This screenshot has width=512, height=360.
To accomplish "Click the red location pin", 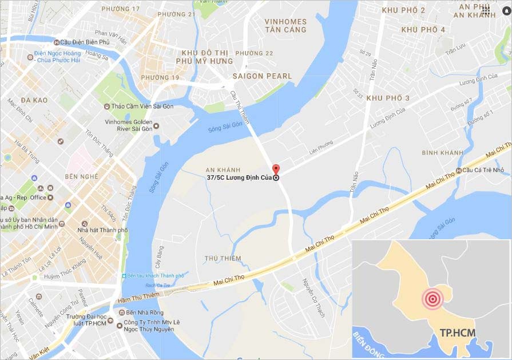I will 276,169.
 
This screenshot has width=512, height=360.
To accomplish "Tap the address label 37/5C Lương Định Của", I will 240,178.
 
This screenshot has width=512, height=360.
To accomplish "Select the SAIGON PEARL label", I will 262,76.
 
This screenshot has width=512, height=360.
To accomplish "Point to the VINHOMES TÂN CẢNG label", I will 285,25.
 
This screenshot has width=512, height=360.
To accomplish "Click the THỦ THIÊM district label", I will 223,258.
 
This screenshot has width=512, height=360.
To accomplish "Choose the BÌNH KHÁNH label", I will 442,153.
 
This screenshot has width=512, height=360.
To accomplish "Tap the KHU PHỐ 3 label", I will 388,98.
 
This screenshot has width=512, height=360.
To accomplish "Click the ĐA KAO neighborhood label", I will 34,100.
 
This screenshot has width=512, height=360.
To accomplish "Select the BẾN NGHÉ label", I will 82,176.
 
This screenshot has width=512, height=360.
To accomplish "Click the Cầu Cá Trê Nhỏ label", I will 483,170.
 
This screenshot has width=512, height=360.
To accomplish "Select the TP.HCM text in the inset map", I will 458,333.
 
